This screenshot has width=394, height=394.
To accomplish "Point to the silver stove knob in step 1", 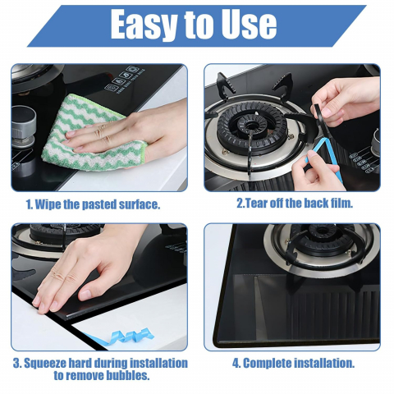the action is (x=23, y=126).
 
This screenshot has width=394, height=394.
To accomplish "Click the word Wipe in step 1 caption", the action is (x=48, y=204).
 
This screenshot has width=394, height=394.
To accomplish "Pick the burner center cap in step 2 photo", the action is (x=251, y=126).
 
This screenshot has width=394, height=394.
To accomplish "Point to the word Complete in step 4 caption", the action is (x=268, y=364).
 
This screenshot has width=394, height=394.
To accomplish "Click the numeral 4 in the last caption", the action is (x=236, y=364).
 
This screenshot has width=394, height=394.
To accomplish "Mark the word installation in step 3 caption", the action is (x=158, y=363).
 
